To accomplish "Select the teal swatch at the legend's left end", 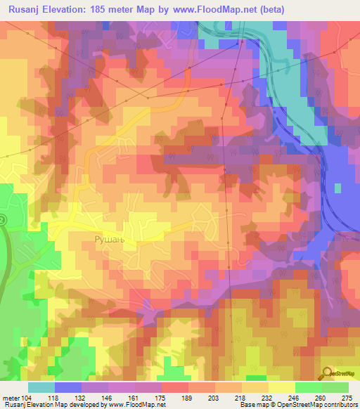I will [41, 387].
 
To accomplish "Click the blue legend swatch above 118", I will [68, 387].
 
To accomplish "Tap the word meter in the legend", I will [11, 398].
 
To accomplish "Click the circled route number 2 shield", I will [2, 220].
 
